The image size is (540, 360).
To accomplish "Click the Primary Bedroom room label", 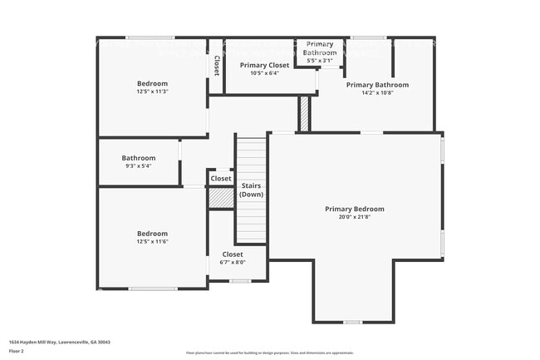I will tap(355, 209).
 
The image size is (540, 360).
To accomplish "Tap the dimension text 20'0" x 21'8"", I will tap(355, 218).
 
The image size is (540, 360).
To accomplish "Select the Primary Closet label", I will tap(264, 64).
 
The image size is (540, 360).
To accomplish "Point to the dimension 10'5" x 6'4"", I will tap(264, 73).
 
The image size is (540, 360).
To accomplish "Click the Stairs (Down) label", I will tap(251, 190).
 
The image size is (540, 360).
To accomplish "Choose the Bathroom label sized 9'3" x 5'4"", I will tap(139, 158).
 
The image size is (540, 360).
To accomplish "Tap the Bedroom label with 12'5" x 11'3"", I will tap(152, 83).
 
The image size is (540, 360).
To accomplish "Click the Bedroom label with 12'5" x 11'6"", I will tap(152, 234).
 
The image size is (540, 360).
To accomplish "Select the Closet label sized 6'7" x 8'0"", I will tap(233, 254).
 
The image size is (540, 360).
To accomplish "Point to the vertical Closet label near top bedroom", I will tap(216, 66).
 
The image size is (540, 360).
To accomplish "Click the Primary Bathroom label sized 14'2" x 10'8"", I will tap(377, 85).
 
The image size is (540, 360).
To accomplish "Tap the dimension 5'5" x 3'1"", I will tap(320, 61).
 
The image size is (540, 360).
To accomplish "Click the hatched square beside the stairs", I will tap(220, 198).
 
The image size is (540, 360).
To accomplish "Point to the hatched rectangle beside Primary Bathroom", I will tap(304, 114).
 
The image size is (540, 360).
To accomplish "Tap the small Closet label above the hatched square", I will tap(221, 179).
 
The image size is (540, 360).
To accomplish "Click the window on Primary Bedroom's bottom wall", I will tap(353, 322).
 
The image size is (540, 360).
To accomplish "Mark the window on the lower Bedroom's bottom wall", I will tap(152, 288).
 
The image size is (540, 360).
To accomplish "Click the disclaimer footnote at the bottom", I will tap(269, 353).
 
